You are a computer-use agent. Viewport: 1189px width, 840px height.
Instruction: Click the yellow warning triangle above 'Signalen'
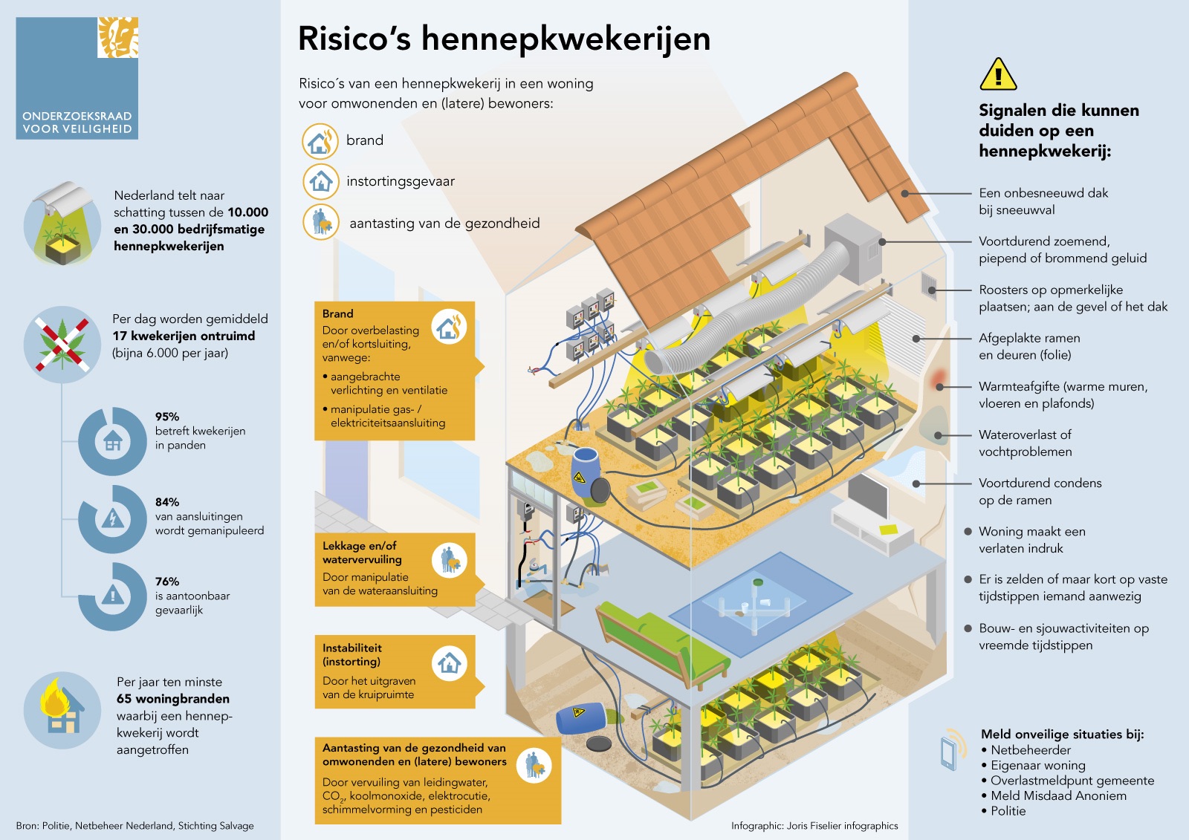tap(997, 75)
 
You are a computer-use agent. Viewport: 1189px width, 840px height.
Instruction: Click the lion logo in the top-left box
tap(118, 37)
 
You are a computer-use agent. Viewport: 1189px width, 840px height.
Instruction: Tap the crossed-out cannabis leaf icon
tap(62, 344)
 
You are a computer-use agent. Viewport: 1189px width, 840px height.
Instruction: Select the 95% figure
tap(167, 417)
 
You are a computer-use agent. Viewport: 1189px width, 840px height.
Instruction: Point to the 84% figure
tap(167, 502)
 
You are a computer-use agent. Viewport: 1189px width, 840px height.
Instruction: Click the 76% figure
tap(167, 582)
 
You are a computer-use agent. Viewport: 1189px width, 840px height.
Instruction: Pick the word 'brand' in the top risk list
tap(365, 140)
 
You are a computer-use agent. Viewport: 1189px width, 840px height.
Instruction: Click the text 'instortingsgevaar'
tap(400, 181)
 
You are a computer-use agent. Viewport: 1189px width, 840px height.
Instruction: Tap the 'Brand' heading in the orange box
tap(338, 313)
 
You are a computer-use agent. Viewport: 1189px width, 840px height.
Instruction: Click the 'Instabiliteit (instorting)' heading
tap(352, 654)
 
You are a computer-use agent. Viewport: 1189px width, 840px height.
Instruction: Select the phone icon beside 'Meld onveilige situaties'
tap(951, 750)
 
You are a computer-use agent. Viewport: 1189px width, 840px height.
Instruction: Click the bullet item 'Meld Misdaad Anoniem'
tap(1058, 795)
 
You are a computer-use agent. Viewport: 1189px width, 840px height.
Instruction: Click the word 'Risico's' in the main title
tap(354, 39)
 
